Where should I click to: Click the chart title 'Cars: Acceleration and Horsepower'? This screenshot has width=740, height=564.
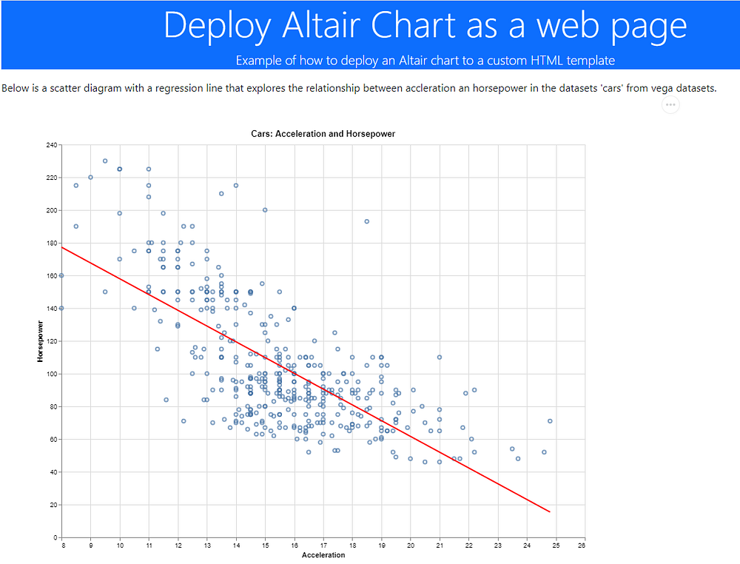point(323,134)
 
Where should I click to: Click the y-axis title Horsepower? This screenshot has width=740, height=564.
point(41,341)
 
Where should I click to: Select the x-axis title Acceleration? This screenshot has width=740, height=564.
point(323,555)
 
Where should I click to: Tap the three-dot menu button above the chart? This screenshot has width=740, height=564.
point(670,105)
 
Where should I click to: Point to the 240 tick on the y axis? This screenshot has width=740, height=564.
point(52,145)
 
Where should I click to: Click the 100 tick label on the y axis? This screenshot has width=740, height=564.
point(52,374)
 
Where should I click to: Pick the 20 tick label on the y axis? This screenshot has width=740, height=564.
point(53,505)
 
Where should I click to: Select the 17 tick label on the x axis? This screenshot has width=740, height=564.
point(323,546)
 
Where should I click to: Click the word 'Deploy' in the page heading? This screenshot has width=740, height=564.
point(218,25)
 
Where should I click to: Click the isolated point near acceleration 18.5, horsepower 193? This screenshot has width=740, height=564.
point(366,221)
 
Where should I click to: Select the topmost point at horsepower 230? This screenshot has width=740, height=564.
point(105,161)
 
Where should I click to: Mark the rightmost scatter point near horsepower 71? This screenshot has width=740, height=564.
point(550,421)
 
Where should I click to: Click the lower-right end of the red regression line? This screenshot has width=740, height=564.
point(549,511)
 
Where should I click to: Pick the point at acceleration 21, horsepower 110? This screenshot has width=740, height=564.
point(440,357)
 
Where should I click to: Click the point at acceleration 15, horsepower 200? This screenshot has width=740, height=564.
point(265,209)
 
